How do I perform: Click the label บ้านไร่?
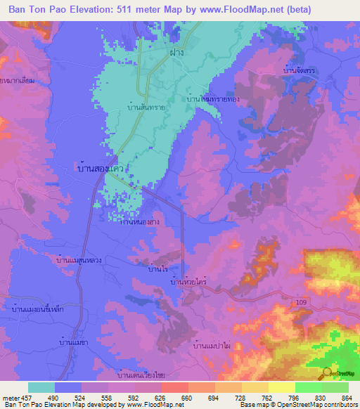tap(158, 268)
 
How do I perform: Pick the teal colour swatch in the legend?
tap(41, 387)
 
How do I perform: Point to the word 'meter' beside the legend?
tap(11, 398)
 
